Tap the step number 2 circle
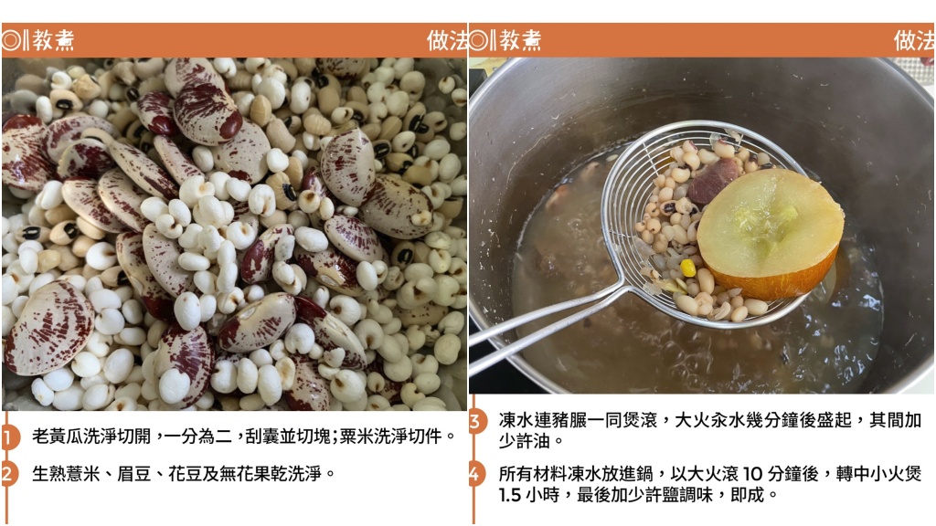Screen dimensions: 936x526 (8, 474)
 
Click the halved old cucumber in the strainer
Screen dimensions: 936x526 (770, 233)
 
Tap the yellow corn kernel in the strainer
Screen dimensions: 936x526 (687, 268)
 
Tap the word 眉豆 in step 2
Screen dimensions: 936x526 (134, 474)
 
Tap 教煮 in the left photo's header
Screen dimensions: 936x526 (53, 40)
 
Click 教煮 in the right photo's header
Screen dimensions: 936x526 (520, 40)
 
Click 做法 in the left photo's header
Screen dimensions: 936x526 (447, 40)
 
